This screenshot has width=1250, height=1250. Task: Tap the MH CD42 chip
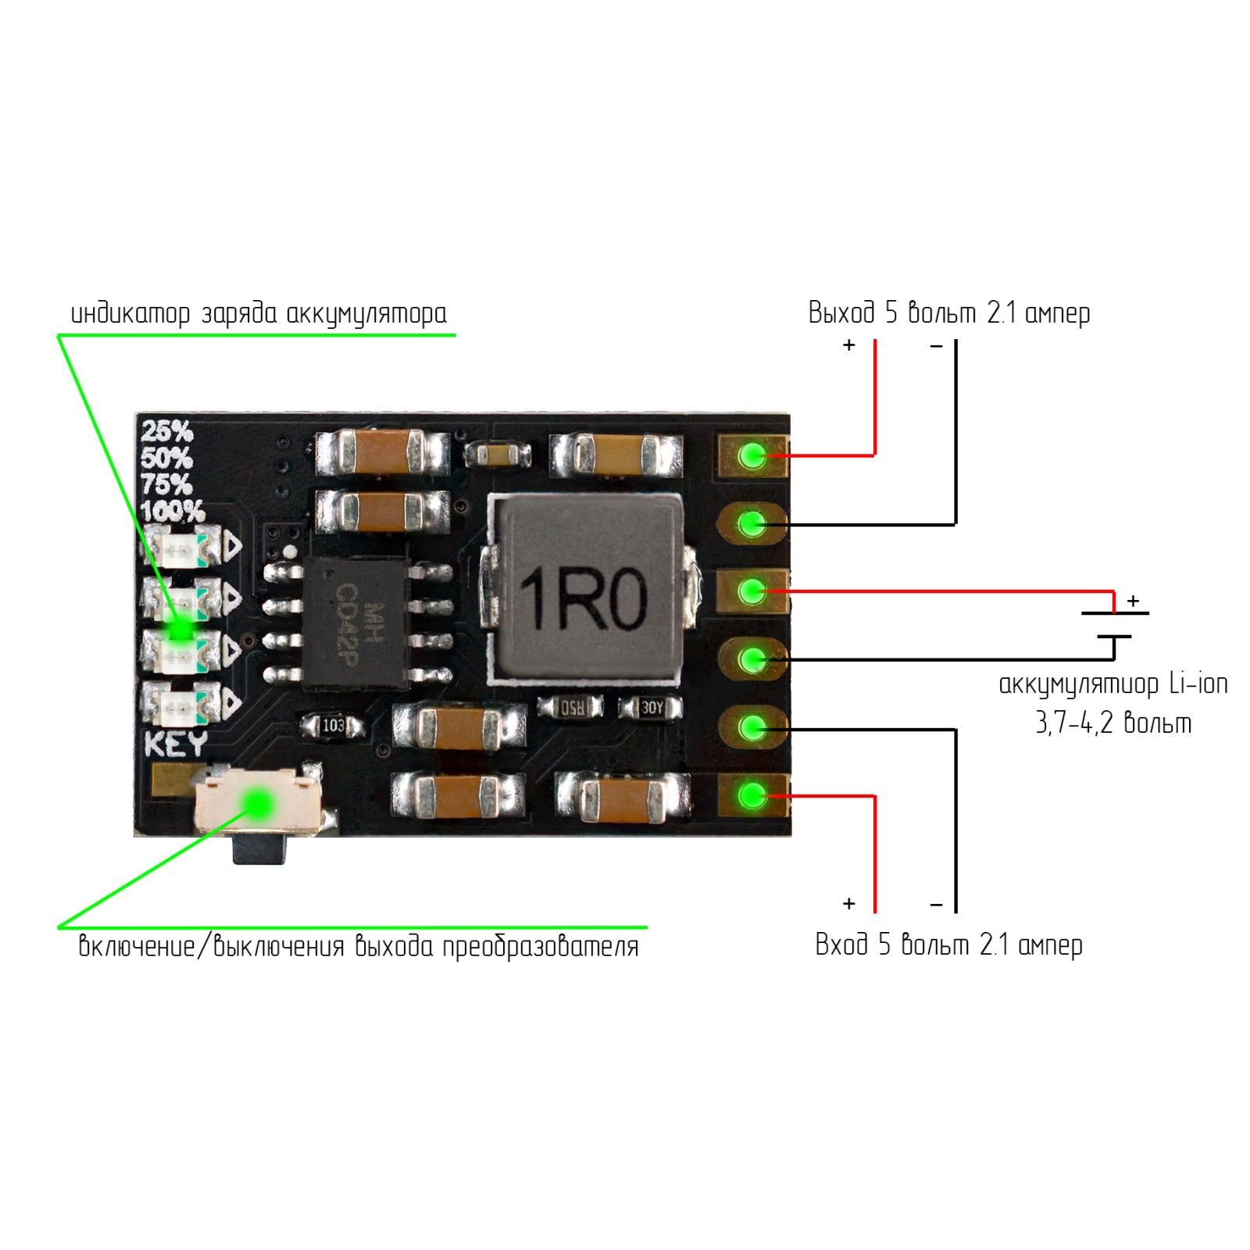pos(356,623)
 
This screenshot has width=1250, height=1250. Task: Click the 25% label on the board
pos(166,431)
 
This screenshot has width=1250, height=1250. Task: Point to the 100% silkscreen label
pos(173,512)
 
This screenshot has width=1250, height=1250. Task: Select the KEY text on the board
pos(177,743)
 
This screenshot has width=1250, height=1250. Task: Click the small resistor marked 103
pos(334,726)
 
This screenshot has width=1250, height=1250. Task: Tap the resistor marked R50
pos(571,708)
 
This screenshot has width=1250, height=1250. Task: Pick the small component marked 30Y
pos(651,708)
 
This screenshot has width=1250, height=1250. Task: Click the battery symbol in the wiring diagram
pos(1115,625)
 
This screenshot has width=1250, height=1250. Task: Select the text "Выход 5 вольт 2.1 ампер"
pos(948,313)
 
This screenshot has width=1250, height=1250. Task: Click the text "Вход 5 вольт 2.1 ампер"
pos(948,945)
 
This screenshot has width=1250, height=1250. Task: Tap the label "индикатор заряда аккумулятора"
pos(259,314)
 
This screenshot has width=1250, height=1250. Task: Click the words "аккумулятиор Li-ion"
pos(1113,684)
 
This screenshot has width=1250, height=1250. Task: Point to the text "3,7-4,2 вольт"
pos(1113,723)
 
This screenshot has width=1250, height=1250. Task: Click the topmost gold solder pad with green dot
pos(753,455)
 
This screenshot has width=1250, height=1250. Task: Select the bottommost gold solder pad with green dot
pos(753,796)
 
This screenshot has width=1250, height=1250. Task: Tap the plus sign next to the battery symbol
pos(1133,601)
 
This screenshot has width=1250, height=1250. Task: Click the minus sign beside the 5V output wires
pos(937,345)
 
